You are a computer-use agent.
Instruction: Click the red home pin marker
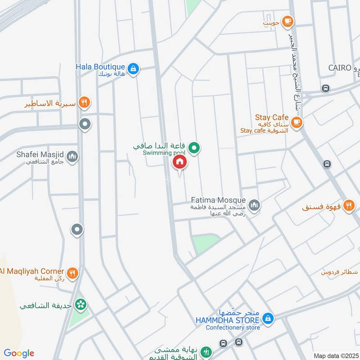(x=180, y=162)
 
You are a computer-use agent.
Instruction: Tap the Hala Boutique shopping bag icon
(x=133, y=69)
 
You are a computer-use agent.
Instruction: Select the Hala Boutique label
(x=100, y=67)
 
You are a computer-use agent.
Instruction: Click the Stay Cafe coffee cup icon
(x=296, y=122)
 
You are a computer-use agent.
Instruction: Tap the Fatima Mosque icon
(x=254, y=205)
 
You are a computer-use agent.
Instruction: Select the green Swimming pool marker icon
(x=194, y=147)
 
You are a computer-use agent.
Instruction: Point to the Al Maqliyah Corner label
(x=32, y=271)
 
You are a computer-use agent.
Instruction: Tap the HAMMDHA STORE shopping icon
(x=268, y=319)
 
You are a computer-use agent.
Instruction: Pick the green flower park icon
(x=81, y=305)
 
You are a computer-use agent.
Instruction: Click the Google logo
(x=18, y=353)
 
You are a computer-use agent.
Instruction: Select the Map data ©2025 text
(x=335, y=355)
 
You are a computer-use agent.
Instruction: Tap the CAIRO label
(x=339, y=67)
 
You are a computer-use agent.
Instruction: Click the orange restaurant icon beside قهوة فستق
(x=348, y=206)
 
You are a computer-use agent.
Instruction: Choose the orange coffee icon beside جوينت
(x=288, y=20)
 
